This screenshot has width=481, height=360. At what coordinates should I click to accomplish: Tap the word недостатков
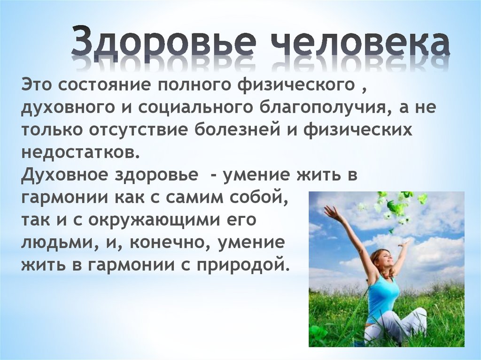[x=81, y=153]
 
